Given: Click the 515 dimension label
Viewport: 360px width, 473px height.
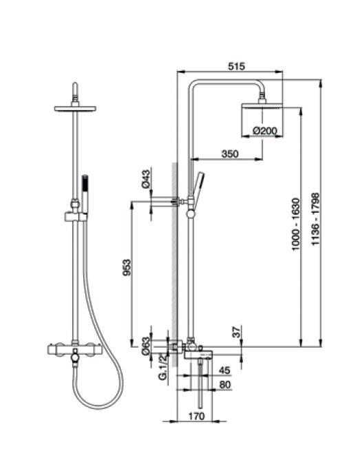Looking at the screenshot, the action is pyautogui.click(x=236, y=66).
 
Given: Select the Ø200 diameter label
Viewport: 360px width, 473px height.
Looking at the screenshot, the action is pyautogui.click(x=264, y=131).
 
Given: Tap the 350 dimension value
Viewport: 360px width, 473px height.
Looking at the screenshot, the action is pyautogui.click(x=230, y=154).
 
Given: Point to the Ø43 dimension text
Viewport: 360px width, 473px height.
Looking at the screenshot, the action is pyautogui.click(x=145, y=179).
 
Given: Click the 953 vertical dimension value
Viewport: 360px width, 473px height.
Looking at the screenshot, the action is pyautogui.click(x=127, y=267).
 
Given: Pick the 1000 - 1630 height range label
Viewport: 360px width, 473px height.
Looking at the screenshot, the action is pyautogui.click(x=296, y=224).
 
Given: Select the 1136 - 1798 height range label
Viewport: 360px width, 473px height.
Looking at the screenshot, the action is pyautogui.click(x=315, y=219).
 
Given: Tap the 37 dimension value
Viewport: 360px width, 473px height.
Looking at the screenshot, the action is pyautogui.click(x=237, y=332).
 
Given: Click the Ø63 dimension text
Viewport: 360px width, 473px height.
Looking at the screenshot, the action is pyautogui.click(x=146, y=346).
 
